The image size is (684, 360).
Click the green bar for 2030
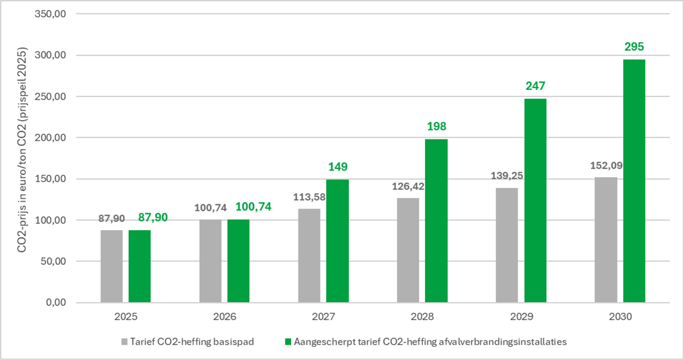pos(634,181)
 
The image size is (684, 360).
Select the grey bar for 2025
pos(112,266)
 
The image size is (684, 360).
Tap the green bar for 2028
pos(437,221)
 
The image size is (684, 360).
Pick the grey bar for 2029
pos(507,245)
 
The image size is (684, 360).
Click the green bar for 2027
pos(338,241)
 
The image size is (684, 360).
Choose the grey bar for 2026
pos(211,261)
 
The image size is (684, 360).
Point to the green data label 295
pos(634,47)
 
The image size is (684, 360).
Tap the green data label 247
pos(536,86)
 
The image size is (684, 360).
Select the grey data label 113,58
pos(309,197)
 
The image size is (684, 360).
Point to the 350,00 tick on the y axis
pos(50,14)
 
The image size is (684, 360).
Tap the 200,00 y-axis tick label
pos(50,138)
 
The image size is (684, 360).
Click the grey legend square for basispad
pos(124,342)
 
